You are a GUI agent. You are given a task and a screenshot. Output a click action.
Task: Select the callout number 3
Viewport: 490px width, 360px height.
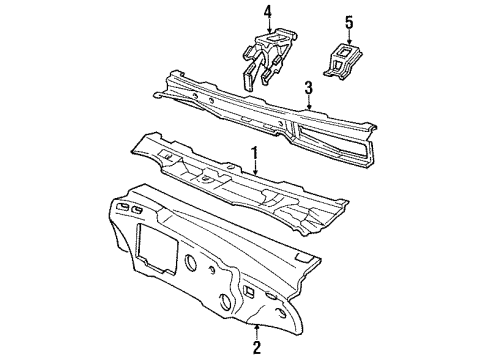[309, 87]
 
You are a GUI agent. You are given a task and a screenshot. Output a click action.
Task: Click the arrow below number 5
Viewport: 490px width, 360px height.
[349, 36]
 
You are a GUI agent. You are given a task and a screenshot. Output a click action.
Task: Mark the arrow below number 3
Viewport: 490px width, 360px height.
[309, 102]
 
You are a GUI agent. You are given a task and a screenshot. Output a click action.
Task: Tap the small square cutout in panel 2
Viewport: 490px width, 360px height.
[247, 291]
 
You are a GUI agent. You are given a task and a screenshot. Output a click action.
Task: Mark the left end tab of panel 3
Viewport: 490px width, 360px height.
[159, 96]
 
